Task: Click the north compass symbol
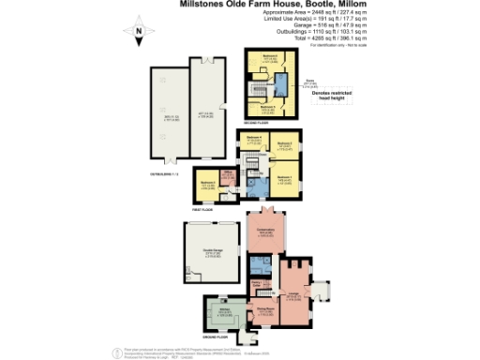click(138, 36)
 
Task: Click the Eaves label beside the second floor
click(308, 82)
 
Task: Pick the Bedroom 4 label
click(251, 139)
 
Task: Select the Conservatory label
click(266, 229)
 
